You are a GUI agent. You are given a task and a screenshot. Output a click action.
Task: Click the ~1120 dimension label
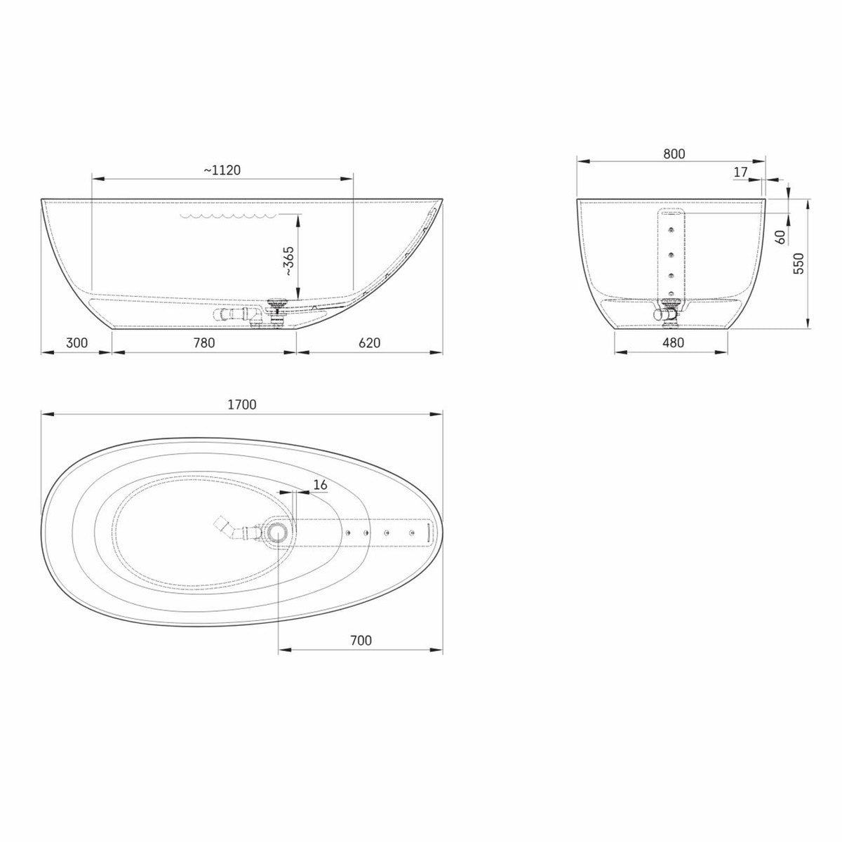pos(222,169)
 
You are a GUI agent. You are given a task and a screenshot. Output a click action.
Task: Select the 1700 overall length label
pos(242,404)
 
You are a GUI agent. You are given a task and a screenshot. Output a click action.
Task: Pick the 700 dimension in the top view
pos(360,640)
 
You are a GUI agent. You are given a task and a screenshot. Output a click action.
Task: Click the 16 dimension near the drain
pos(321,485)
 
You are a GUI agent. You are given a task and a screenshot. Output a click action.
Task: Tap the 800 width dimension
pos(673,154)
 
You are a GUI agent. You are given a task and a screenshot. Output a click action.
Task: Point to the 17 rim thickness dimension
pos(741,172)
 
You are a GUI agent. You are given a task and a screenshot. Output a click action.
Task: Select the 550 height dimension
pos(798,263)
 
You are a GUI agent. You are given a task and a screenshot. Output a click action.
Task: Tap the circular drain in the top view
pos(278,533)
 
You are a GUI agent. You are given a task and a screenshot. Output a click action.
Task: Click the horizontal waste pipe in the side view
pos(235,314)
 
